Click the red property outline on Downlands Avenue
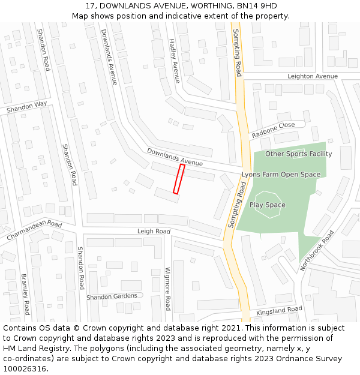[179, 179]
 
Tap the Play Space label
[268, 205]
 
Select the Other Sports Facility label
[298, 154]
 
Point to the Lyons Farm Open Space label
[281, 175]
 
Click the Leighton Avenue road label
[312, 76]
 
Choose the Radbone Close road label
[273, 130]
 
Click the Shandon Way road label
[26, 107]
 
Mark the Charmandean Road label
[34, 231]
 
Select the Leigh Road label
[154, 231]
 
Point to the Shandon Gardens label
[111, 296]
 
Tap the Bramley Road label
[25, 295]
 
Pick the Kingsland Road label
[279, 311]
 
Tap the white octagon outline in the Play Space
[268, 204]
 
